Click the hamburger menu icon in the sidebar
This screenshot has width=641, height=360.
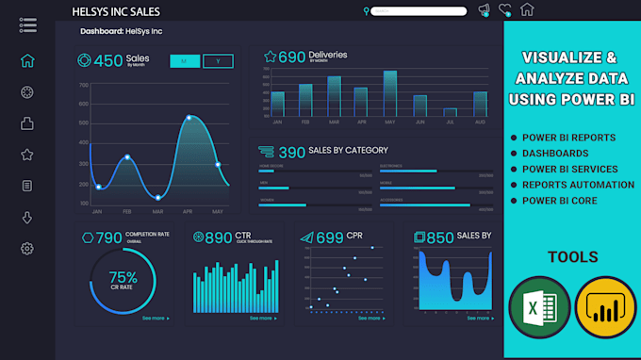pyautogui.click(x=27, y=24)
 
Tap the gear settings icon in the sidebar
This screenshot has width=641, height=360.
pyautogui.click(x=27, y=249)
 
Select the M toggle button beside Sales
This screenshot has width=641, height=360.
pyautogui.click(x=184, y=61)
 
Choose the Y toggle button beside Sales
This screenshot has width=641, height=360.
pyautogui.click(x=219, y=61)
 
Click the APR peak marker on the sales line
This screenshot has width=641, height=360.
pyautogui.click(x=189, y=118)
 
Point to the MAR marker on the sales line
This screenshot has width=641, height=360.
pyautogui.click(x=157, y=197)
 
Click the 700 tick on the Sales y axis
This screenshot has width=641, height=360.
pyautogui.click(x=84, y=85)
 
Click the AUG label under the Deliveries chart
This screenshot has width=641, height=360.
pyautogui.click(x=480, y=122)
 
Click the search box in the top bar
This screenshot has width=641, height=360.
pyautogui.click(x=419, y=11)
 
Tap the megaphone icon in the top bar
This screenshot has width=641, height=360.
pyautogui.click(x=484, y=10)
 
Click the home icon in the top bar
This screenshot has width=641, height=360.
pyautogui.click(x=527, y=10)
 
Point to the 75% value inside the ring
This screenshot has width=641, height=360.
pyautogui.click(x=123, y=277)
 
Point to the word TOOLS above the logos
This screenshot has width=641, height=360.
pyautogui.click(x=572, y=256)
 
